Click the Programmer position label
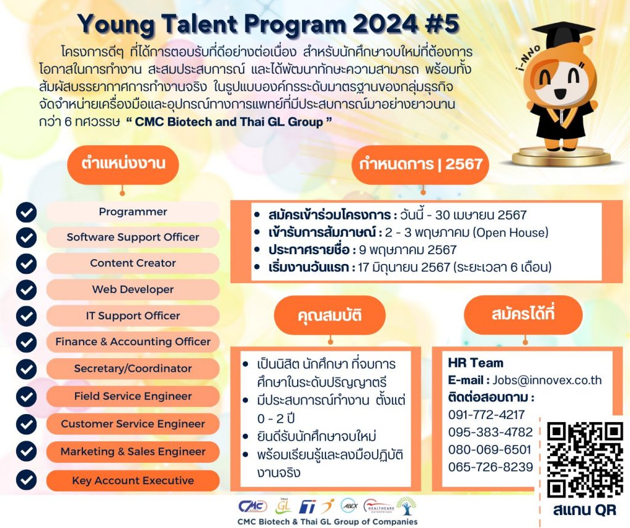click(133, 212)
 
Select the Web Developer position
click(133, 289)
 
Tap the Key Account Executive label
click(133, 481)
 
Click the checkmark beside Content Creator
click(26, 263)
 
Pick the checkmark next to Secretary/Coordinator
click(26, 369)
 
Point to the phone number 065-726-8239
click(490, 467)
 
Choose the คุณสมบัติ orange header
click(330, 316)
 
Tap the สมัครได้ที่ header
click(524, 314)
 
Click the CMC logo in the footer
click(253, 506)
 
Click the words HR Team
click(476, 363)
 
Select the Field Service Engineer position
click(133, 396)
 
